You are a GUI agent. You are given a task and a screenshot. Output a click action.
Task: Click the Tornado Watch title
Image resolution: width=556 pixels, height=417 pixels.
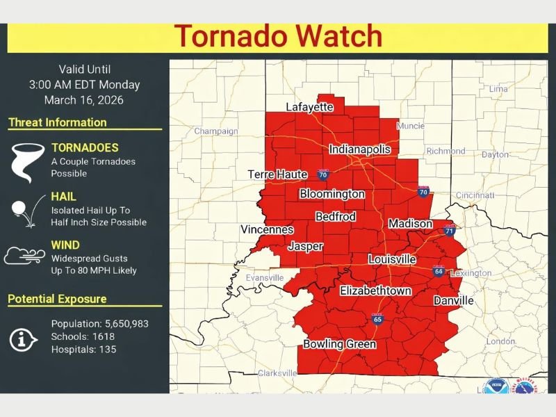278,36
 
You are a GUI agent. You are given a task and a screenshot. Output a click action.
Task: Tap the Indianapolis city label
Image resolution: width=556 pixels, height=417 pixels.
359,149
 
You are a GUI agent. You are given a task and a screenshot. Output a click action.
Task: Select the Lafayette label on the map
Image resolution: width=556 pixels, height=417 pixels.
310,107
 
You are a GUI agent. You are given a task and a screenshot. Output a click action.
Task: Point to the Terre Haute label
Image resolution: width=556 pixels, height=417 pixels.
278,174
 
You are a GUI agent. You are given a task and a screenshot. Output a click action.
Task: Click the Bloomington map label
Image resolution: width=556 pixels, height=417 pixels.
332,194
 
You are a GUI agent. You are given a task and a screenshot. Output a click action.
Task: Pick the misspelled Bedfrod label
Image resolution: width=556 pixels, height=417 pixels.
336,217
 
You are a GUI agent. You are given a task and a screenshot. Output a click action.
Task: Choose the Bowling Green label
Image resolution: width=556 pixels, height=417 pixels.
340,344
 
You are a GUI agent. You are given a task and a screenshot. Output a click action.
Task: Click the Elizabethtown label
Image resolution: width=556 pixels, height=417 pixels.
375,291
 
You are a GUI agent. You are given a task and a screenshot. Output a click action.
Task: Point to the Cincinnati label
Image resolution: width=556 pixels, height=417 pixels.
475,195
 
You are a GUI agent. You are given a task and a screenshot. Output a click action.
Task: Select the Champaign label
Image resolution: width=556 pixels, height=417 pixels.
215,131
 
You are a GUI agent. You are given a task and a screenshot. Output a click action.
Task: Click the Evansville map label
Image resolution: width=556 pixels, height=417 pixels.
265,278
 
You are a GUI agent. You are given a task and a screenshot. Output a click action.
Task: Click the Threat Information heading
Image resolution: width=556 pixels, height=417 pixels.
58,123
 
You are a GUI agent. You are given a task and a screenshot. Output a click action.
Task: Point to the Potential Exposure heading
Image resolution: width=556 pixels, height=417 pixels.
58,300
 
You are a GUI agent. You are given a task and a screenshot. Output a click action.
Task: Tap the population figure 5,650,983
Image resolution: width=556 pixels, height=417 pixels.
124,324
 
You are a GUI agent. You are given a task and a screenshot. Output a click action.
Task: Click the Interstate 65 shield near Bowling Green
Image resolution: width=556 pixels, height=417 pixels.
377,319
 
